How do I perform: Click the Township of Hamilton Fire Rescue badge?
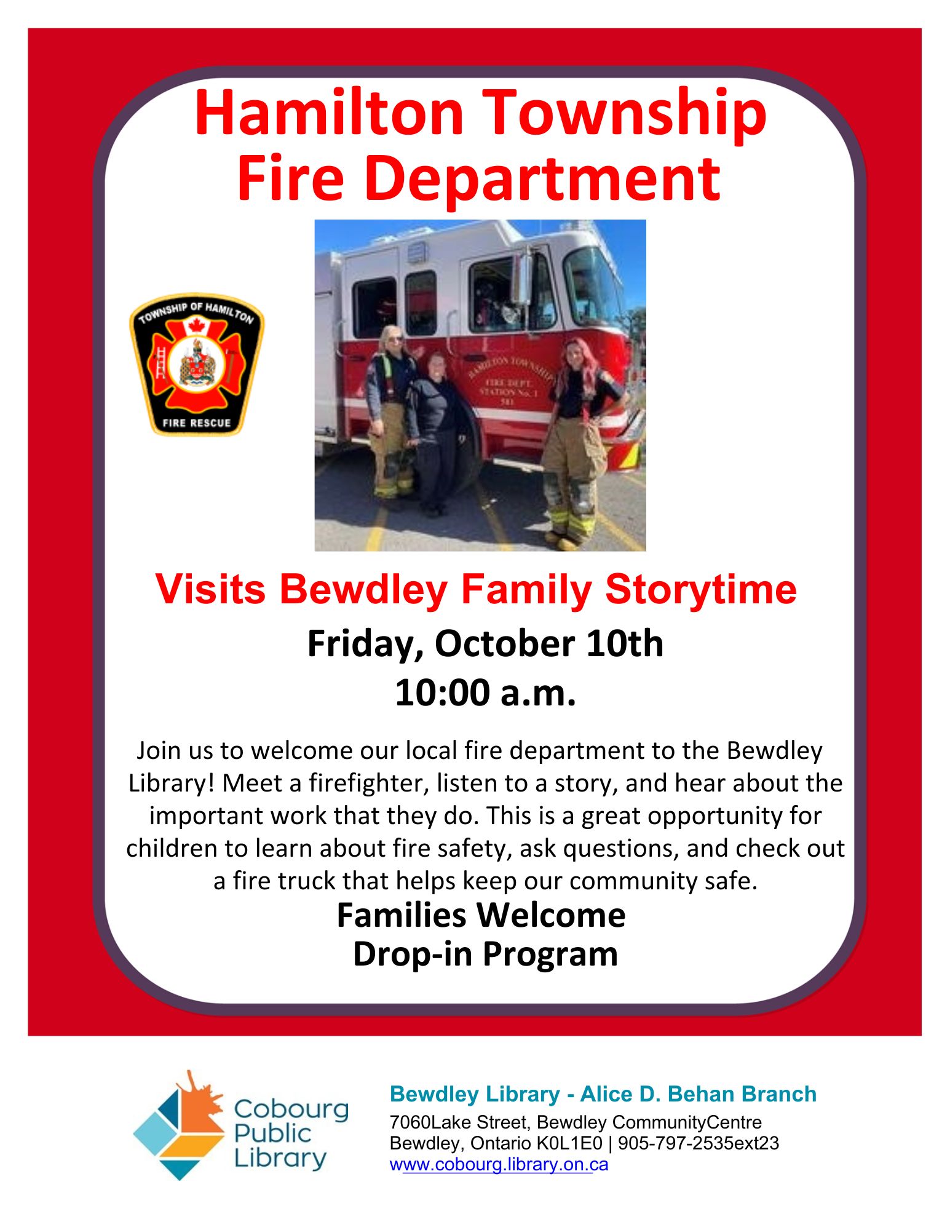point(197,364)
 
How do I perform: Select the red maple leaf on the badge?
point(196,324)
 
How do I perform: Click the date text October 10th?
point(549,644)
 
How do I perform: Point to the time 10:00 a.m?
point(485,692)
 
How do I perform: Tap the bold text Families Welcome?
point(481,915)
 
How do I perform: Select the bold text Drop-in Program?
point(485,954)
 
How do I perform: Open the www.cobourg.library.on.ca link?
point(499,1165)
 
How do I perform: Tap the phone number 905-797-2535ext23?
point(699,1143)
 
